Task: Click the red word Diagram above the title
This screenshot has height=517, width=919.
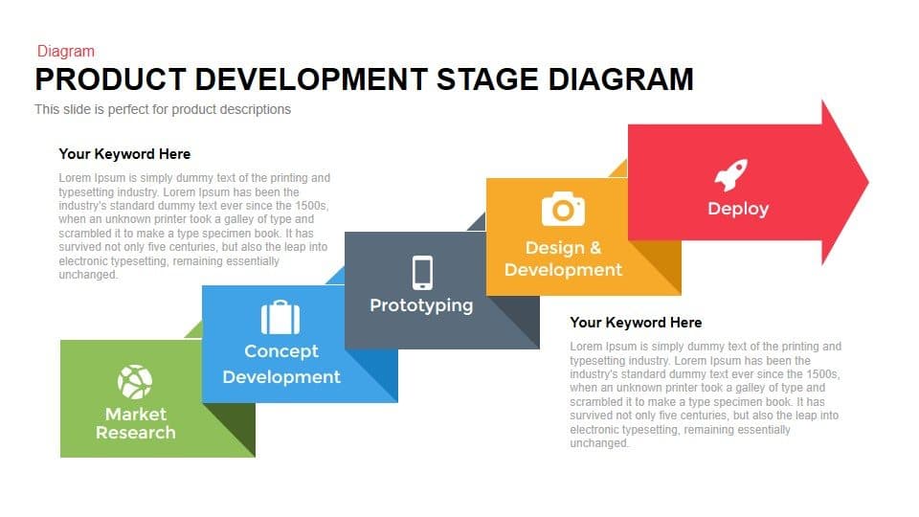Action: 65,52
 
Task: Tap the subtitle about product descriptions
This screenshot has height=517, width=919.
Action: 163,109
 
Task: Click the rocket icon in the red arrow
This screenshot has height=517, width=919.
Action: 731,175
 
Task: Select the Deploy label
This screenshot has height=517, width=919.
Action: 737,208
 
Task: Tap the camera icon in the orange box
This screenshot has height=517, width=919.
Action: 563,208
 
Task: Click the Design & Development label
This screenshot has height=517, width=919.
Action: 563,259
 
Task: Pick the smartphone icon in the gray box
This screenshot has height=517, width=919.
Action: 422,272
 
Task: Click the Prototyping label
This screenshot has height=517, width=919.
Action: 421,305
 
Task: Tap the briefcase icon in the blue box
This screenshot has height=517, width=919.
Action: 280,317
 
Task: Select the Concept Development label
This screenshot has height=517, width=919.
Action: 281,364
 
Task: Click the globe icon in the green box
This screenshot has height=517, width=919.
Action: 135,382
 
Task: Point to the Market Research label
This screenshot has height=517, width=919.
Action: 135,423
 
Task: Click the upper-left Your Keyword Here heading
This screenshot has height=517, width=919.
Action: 124,154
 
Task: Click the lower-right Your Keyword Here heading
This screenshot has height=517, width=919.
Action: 636,323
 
